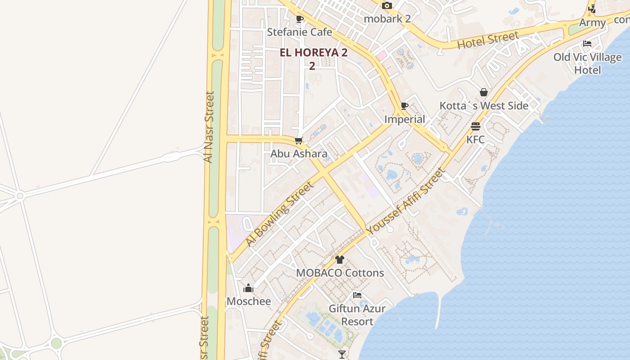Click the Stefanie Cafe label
pyautogui.click(x=299, y=32)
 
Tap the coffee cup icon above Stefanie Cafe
pyautogui.click(x=300, y=19)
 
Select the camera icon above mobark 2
pyautogui.click(x=387, y=6)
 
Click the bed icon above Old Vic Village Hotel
pyautogui.click(x=587, y=44)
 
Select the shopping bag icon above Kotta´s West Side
pyautogui.click(x=484, y=93)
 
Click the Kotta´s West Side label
pyautogui.click(x=484, y=106)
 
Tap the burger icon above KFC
pyautogui.click(x=476, y=126)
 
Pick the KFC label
pyautogui.click(x=476, y=139)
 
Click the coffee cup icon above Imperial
pyautogui.click(x=405, y=106)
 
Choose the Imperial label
pyautogui.click(x=405, y=119)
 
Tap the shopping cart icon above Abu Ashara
pyautogui.click(x=299, y=141)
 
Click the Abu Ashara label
pyautogui.click(x=299, y=154)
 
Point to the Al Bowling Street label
pyautogui.click(x=279, y=213)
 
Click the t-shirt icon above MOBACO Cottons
pyautogui.click(x=340, y=260)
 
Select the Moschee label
pyautogui.click(x=249, y=301)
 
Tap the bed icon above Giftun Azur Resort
pyautogui.click(x=357, y=295)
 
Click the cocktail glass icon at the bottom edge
pyautogui.click(x=342, y=355)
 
